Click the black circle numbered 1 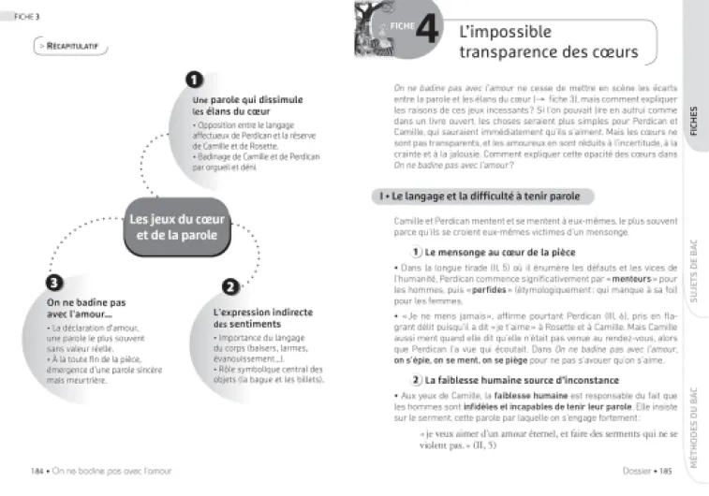[x=195, y=80]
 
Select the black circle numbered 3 [x=55, y=283]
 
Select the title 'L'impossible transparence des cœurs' [x=548, y=40]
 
